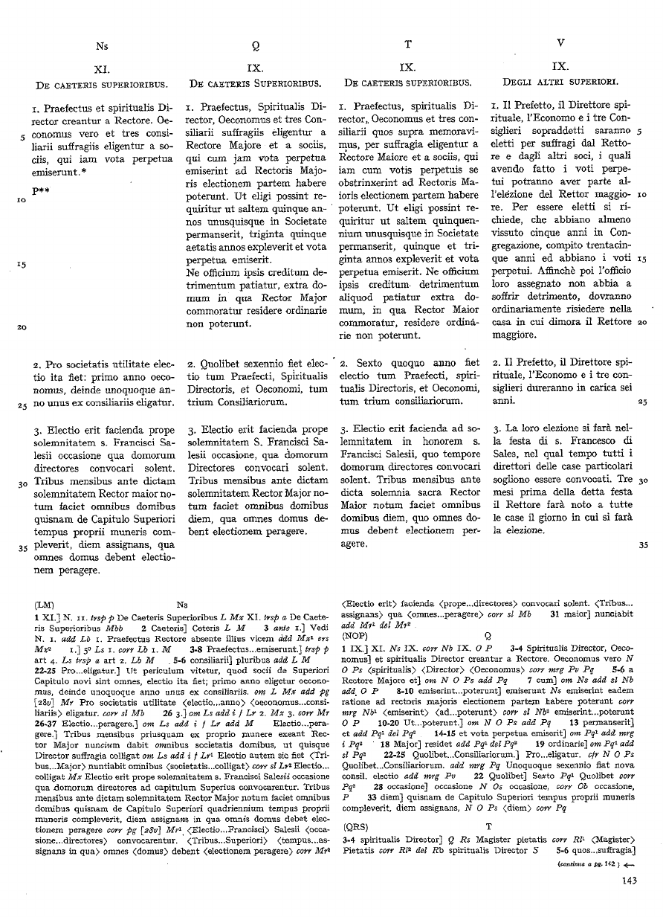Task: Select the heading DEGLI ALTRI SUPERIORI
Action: pos(561,80)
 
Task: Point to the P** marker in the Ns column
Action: pos(41,192)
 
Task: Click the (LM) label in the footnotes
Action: pos(45,605)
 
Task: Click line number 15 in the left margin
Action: pos(22,265)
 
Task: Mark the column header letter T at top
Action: pos(408,45)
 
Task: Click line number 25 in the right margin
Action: pos(643,403)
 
